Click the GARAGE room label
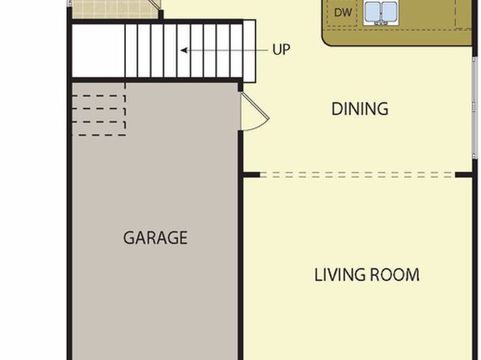pyautogui.click(x=155, y=237)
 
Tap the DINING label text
pyautogui.click(x=360, y=109)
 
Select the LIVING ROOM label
pyautogui.click(x=367, y=274)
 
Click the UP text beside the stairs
pyautogui.click(x=281, y=49)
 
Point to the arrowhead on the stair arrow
pyautogui.click(x=184, y=50)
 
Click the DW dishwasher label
pyautogui.click(x=343, y=13)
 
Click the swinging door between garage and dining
pyautogui.click(x=254, y=112)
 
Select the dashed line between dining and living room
pyautogui.click(x=358, y=175)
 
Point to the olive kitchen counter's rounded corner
pyautogui.click(x=327, y=40)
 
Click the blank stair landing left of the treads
pyautogui.click(x=98, y=51)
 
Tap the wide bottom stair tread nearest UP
pyautogui.click(x=249, y=51)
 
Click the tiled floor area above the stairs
pyautogui.click(x=114, y=9)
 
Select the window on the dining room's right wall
pyautogui.click(x=475, y=107)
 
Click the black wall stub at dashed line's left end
pyautogui.click(x=252, y=175)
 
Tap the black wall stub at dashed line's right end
pyautogui.click(x=463, y=175)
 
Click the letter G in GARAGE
pyautogui.click(x=128, y=238)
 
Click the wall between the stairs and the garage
pyautogui.click(x=155, y=80)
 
